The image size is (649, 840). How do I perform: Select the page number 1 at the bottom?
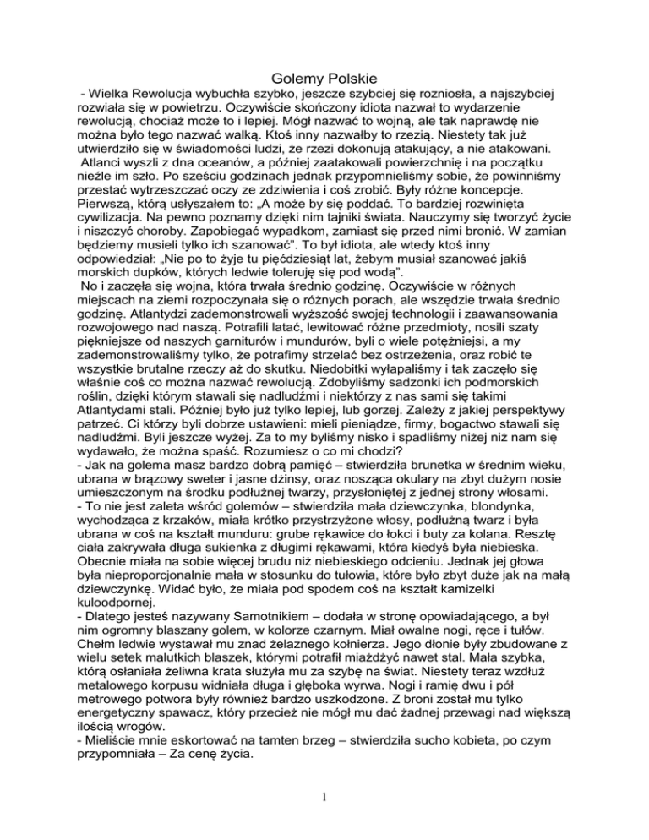click(324, 794)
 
